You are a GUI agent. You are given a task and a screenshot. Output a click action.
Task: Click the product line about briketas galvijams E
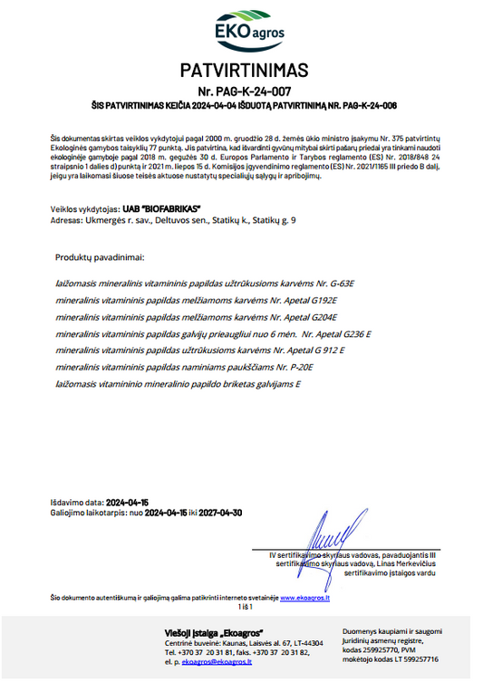[x=179, y=384]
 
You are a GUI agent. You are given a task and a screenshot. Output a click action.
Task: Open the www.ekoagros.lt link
[x=304, y=598]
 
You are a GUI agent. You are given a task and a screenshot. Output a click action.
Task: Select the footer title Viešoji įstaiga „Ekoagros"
[x=214, y=631]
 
